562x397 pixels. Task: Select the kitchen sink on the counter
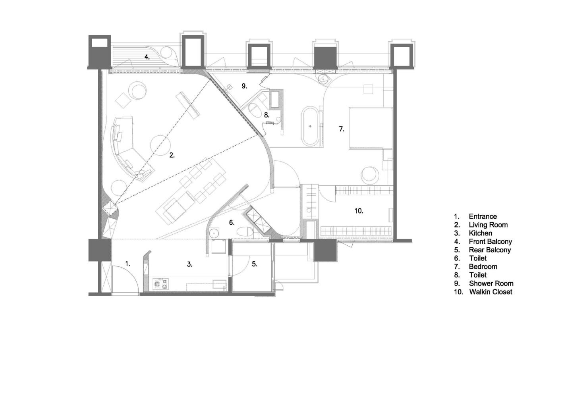pyautogui.click(x=220, y=284)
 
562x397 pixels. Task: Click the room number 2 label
pyautogui.click(x=172, y=155)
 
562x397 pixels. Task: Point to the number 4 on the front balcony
pyautogui.click(x=147, y=57)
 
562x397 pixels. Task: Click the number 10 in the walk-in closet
pyautogui.click(x=359, y=211)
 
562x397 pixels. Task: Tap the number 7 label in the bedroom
pyautogui.click(x=342, y=129)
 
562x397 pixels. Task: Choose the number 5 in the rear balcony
pyautogui.click(x=255, y=264)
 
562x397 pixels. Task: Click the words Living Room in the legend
pyautogui.click(x=488, y=225)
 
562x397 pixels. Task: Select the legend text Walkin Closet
pyautogui.click(x=491, y=292)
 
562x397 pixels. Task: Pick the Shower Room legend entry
pyautogui.click(x=491, y=283)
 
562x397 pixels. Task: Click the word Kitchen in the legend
pyautogui.click(x=481, y=233)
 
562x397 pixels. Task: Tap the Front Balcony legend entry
pyautogui.click(x=491, y=241)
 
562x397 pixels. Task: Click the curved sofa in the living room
pyautogui.click(x=128, y=150)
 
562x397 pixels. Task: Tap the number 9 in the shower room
pyautogui.click(x=244, y=86)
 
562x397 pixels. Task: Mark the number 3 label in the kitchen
pyautogui.click(x=189, y=264)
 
